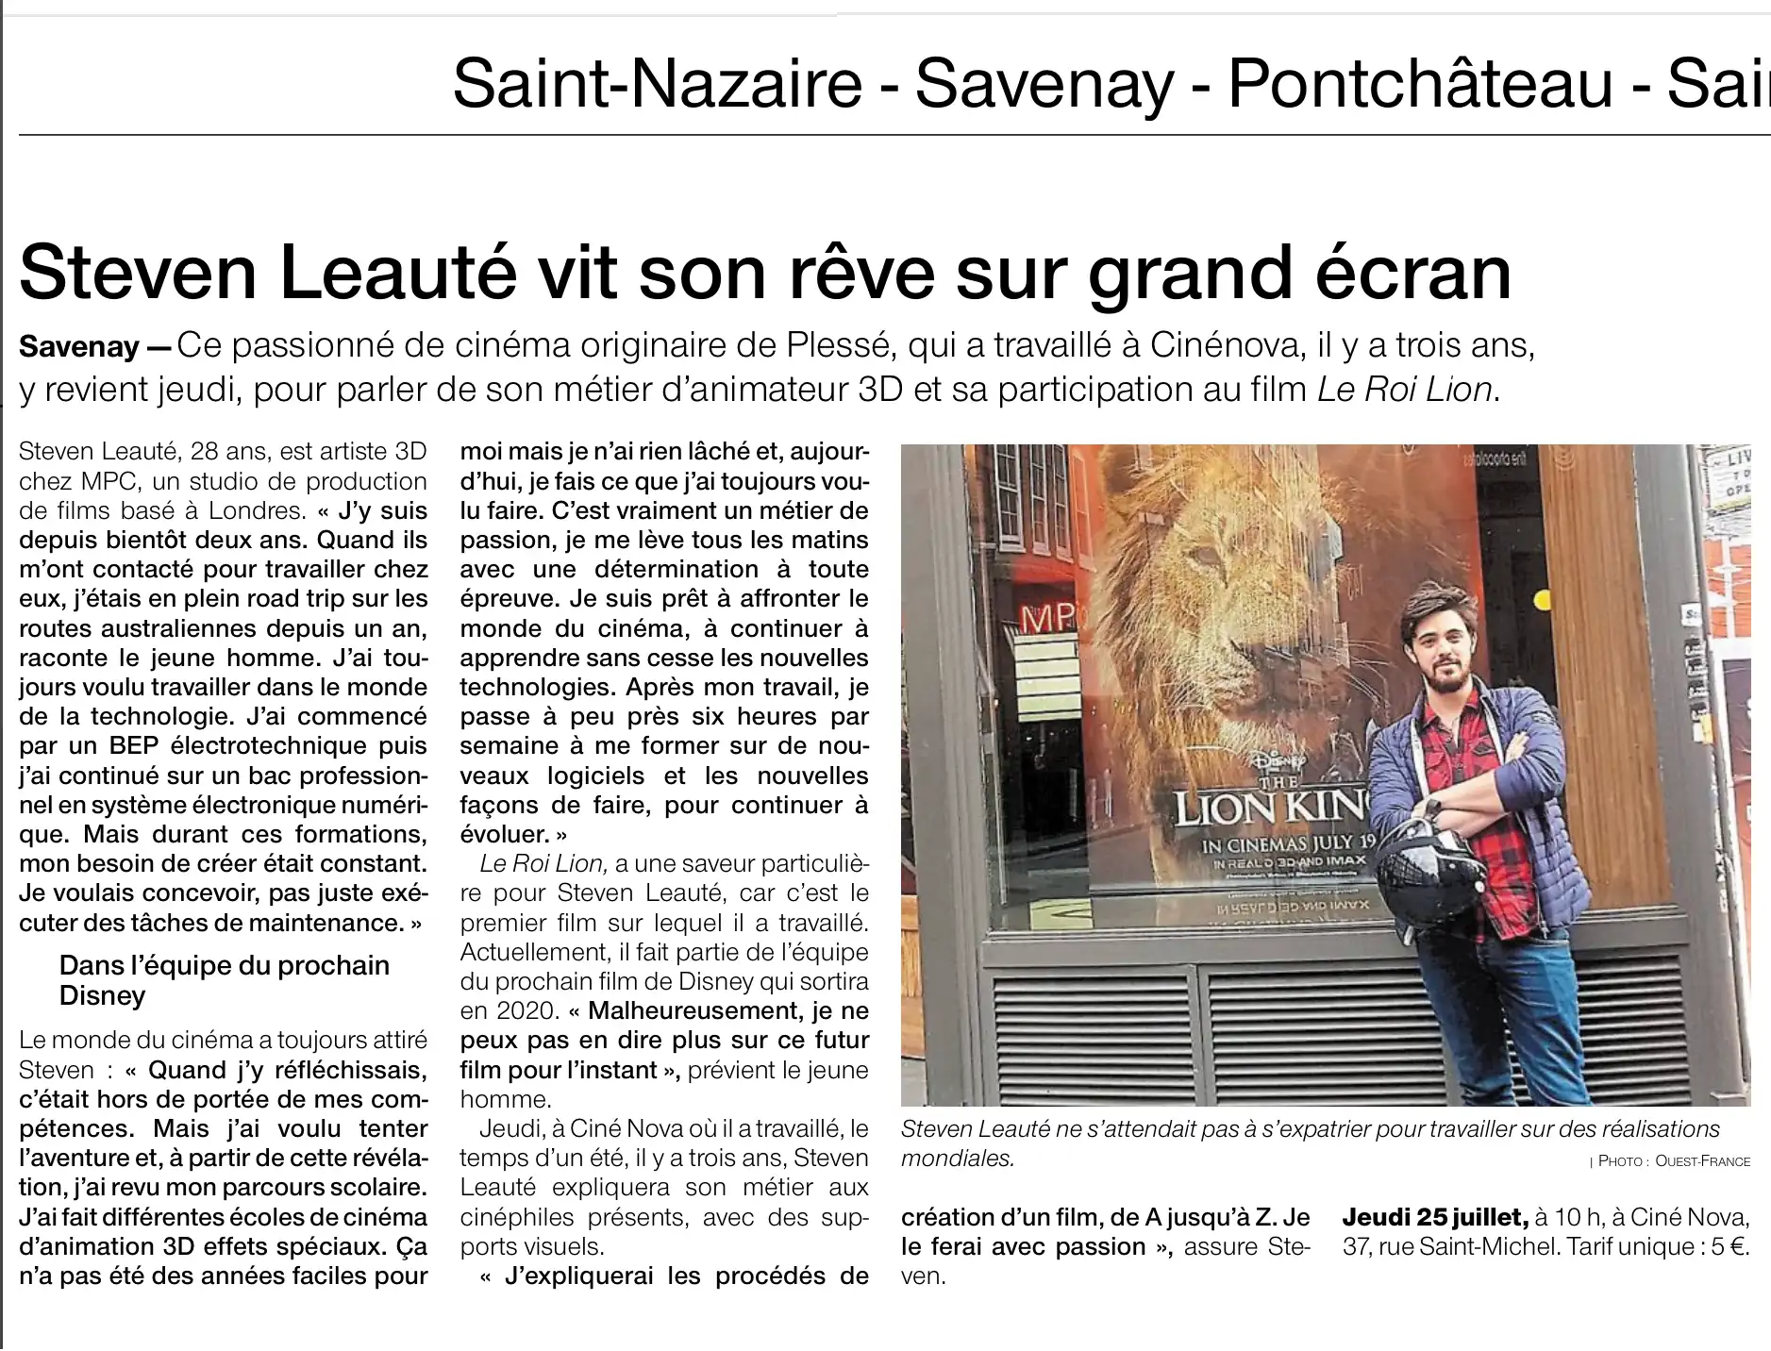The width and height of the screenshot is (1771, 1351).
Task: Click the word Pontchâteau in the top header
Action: click(1419, 83)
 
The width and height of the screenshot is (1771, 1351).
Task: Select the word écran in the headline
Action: click(1401, 274)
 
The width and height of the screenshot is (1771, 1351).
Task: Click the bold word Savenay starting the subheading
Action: click(79, 347)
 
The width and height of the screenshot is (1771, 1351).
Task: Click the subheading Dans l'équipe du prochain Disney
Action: click(224, 980)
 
